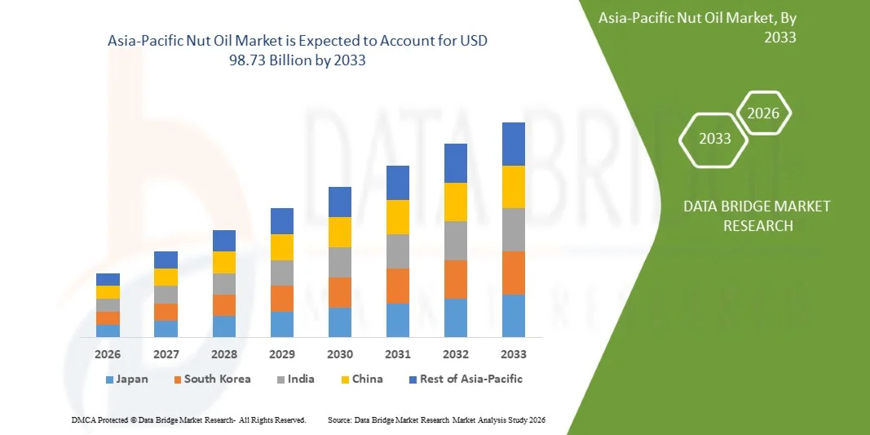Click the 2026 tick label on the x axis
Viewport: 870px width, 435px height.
tap(108, 354)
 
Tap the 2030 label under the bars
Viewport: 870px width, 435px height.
tap(340, 354)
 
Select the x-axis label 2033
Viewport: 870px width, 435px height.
tap(514, 354)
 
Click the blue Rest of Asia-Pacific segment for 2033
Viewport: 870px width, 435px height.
tap(514, 144)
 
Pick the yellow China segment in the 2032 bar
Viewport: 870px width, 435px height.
tap(456, 202)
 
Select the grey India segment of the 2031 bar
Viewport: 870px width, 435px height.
tap(398, 251)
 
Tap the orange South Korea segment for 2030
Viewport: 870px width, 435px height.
tap(340, 292)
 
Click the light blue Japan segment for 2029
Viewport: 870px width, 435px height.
tap(282, 324)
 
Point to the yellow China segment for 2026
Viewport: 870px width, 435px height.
tap(108, 291)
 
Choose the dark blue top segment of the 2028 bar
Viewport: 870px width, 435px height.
tap(224, 241)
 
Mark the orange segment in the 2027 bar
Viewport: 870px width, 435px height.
tap(166, 312)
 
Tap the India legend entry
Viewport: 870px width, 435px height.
tap(296, 380)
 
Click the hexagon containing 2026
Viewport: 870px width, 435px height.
tap(763, 113)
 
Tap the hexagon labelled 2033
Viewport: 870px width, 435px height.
tap(714, 139)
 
